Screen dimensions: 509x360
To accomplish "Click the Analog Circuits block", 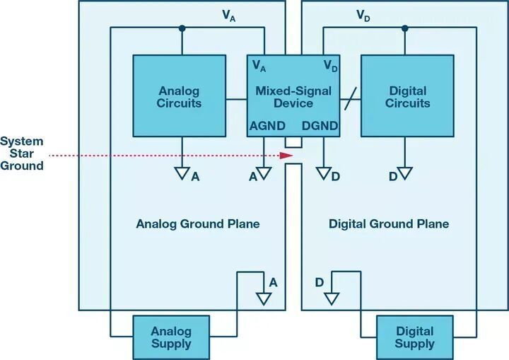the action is click(x=180, y=96).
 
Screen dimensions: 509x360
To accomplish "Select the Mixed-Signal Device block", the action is click(x=293, y=96).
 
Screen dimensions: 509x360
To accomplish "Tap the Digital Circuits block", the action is click(x=407, y=96).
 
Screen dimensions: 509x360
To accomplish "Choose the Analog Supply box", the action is click(x=171, y=337).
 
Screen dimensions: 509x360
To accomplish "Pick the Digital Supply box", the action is click(x=415, y=337).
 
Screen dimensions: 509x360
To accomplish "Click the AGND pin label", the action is click(x=267, y=126).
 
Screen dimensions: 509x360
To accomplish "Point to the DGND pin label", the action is click(x=320, y=126).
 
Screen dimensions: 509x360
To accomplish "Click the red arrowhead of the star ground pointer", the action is click(x=286, y=156).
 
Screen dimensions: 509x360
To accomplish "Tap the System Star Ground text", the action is click(x=22, y=153).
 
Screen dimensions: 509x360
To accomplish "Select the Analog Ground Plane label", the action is click(x=198, y=224).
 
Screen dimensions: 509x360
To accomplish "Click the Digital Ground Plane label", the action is click(x=389, y=224).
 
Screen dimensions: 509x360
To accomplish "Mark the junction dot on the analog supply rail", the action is click(x=182, y=28).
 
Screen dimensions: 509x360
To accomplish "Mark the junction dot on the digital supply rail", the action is click(x=405, y=28).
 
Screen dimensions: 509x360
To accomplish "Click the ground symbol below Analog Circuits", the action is click(x=182, y=173).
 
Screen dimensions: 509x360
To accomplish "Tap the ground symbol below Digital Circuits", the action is click(x=405, y=173).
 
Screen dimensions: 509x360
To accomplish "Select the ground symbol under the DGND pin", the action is click(x=324, y=173).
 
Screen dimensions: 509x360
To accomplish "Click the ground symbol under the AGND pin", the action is click(x=264, y=173).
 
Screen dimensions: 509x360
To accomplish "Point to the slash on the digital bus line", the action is click(x=351, y=99).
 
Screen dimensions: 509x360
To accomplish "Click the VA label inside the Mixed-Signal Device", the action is click(x=259, y=66).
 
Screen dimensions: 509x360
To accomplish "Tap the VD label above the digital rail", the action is click(x=363, y=16).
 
